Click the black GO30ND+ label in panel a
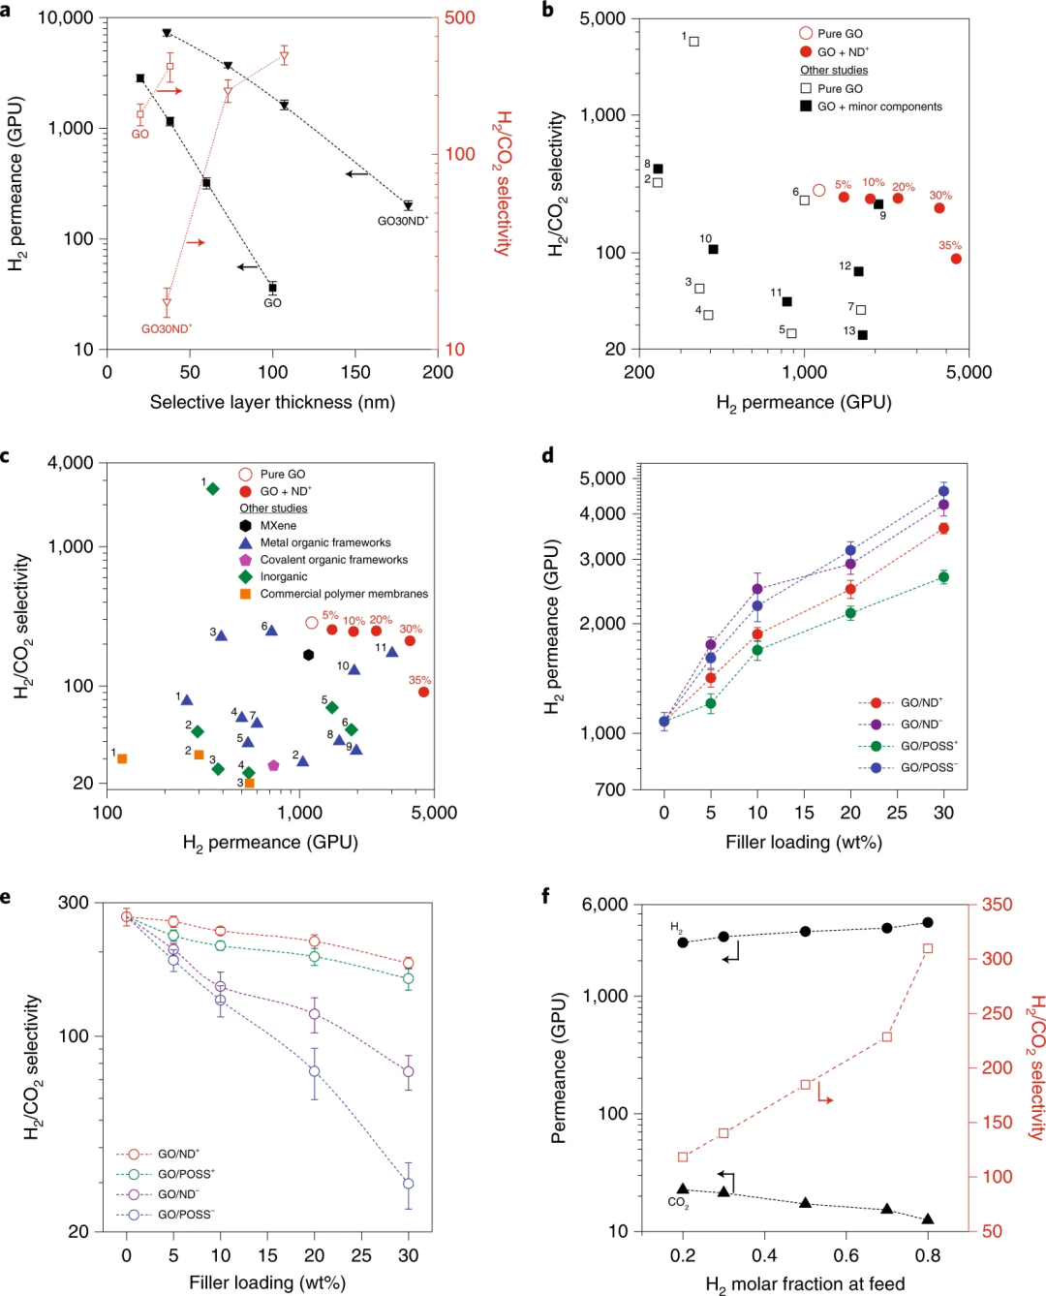pos(402,221)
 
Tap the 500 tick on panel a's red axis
pos(460,17)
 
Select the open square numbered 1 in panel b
pos(693,42)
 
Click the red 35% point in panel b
pos(956,259)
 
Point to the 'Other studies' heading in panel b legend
pos(833,70)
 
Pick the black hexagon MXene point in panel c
pos(309,655)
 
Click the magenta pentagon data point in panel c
pos(273,765)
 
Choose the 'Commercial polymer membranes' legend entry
pos(343,594)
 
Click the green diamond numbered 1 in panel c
pos(213,489)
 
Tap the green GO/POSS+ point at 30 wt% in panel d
pos(943,577)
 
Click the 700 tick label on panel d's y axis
pos(610,789)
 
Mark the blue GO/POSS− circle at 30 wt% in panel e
pos(409,1184)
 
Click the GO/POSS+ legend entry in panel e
pos(185,1174)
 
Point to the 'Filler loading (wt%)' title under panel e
pos(267,1282)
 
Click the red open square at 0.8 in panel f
pos(928,948)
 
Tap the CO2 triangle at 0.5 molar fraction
pos(805,1203)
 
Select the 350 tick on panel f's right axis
pos(997,905)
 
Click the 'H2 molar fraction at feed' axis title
pos(805,1284)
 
